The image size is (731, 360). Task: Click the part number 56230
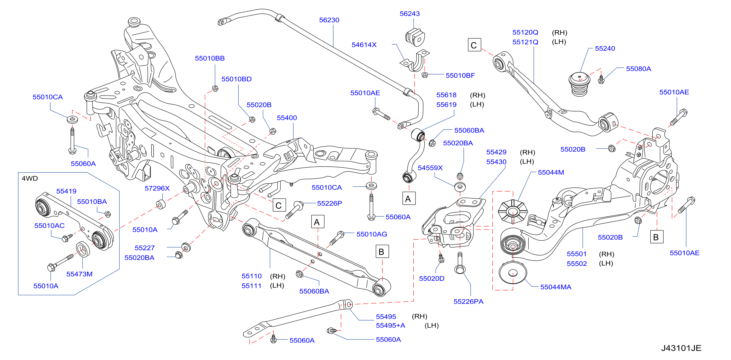[329, 20]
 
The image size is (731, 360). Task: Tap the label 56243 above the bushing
[409, 14]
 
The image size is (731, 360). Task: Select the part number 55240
[605, 49]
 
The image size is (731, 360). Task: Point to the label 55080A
[638, 69]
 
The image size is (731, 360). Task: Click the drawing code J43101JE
[681, 348]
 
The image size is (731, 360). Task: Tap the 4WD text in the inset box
[30, 179]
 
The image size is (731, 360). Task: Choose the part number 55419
[66, 191]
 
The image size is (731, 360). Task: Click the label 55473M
[79, 274]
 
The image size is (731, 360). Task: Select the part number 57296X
[157, 188]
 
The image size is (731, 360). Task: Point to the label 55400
[287, 118]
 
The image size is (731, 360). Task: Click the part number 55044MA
[556, 287]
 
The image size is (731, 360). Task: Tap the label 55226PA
[468, 302]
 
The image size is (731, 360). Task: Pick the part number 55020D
[432, 278]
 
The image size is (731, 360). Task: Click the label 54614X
[364, 45]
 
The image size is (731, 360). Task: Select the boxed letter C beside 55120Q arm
[474, 45]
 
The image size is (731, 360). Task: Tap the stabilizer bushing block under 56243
[415, 37]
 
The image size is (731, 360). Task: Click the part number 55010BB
[210, 58]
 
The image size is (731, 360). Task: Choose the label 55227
[145, 248]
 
